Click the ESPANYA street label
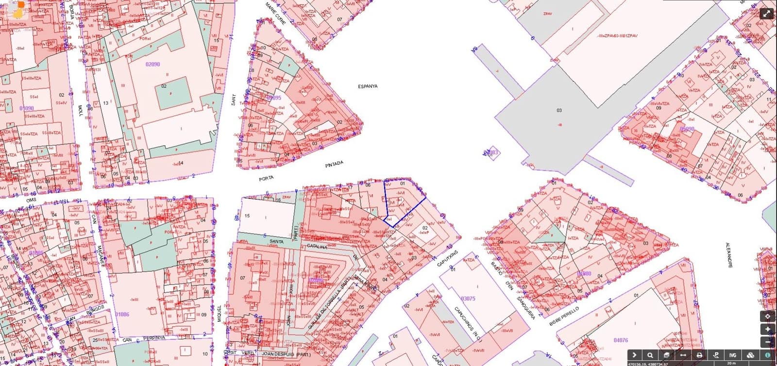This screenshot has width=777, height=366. click(x=368, y=86)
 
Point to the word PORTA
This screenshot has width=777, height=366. click(x=266, y=179)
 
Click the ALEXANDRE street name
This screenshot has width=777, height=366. click(x=729, y=255)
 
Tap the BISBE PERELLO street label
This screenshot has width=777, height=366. click(x=564, y=317)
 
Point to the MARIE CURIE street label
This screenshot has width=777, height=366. click(x=275, y=12)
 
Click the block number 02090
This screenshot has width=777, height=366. click(x=152, y=64)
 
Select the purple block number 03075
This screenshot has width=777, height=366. click(x=468, y=299)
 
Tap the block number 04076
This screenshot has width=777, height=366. click(x=621, y=340)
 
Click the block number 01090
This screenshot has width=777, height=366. click(x=26, y=108)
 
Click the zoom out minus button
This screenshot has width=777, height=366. click(x=768, y=342)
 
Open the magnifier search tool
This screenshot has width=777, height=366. click(x=650, y=355)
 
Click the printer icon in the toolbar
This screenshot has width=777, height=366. click(x=699, y=355)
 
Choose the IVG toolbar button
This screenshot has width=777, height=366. click(x=733, y=355)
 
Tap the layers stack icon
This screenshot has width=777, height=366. click(x=667, y=355)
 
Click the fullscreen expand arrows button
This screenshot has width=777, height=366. click(x=766, y=14)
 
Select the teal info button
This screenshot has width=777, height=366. click(x=768, y=355)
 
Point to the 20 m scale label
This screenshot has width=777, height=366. click(x=731, y=363)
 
